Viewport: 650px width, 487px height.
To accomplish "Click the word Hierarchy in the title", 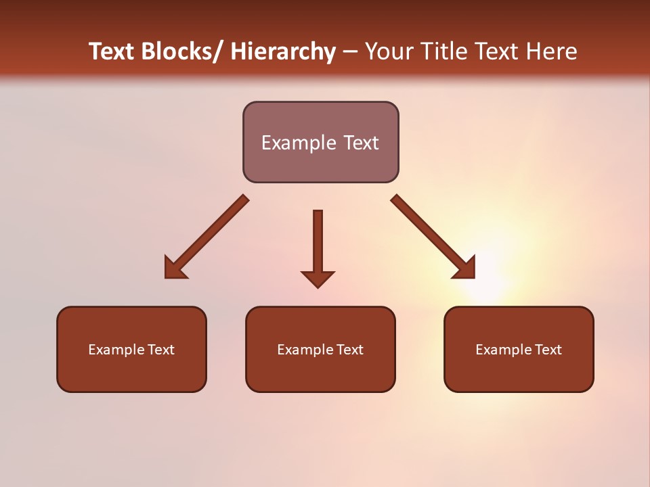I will [x=283, y=52].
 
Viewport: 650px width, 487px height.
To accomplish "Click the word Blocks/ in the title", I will [x=181, y=52].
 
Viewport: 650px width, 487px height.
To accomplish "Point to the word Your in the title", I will [x=389, y=52].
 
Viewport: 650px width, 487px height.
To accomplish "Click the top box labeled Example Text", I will [x=320, y=142].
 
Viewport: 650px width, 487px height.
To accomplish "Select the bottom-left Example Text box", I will [x=131, y=349].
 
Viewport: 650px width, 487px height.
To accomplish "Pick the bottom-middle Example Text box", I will [x=320, y=349].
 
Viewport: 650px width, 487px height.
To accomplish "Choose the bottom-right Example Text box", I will [x=519, y=349].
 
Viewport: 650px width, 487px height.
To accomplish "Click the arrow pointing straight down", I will [x=318, y=243].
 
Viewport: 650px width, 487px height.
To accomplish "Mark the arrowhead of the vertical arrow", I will [x=318, y=278].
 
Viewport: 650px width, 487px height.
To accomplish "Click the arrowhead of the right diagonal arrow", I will [x=466, y=269].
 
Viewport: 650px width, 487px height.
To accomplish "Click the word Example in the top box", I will [x=293, y=143].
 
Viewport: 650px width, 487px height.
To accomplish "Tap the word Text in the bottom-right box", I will [x=547, y=350].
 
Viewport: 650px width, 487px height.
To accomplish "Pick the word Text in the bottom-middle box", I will [x=349, y=350].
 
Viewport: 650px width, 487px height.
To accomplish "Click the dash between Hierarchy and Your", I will [x=350, y=52].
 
